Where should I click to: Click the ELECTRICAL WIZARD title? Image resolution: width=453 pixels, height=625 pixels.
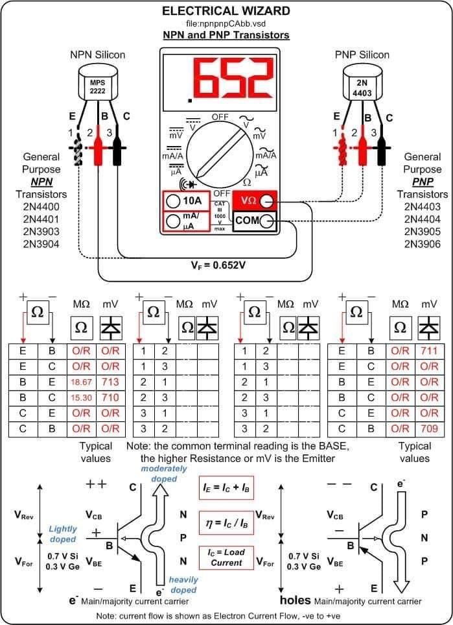tap(226, 11)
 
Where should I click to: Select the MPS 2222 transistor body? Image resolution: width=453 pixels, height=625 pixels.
tap(97, 87)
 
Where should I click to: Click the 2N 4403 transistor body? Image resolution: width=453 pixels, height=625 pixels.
tap(361, 87)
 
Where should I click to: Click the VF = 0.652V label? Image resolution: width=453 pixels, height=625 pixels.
tap(218, 265)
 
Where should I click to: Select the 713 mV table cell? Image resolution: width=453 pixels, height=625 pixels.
tap(110, 382)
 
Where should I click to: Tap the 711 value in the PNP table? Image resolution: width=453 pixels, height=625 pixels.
tap(428, 350)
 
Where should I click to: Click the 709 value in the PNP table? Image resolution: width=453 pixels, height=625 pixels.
tap(428, 428)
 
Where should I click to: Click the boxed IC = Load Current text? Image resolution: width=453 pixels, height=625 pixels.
tap(226, 557)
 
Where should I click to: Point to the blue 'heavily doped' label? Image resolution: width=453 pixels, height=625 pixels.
tap(183, 584)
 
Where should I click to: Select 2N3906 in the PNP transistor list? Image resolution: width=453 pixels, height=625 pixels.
tap(422, 244)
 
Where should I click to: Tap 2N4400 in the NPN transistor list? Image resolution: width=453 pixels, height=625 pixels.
tap(41, 206)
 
